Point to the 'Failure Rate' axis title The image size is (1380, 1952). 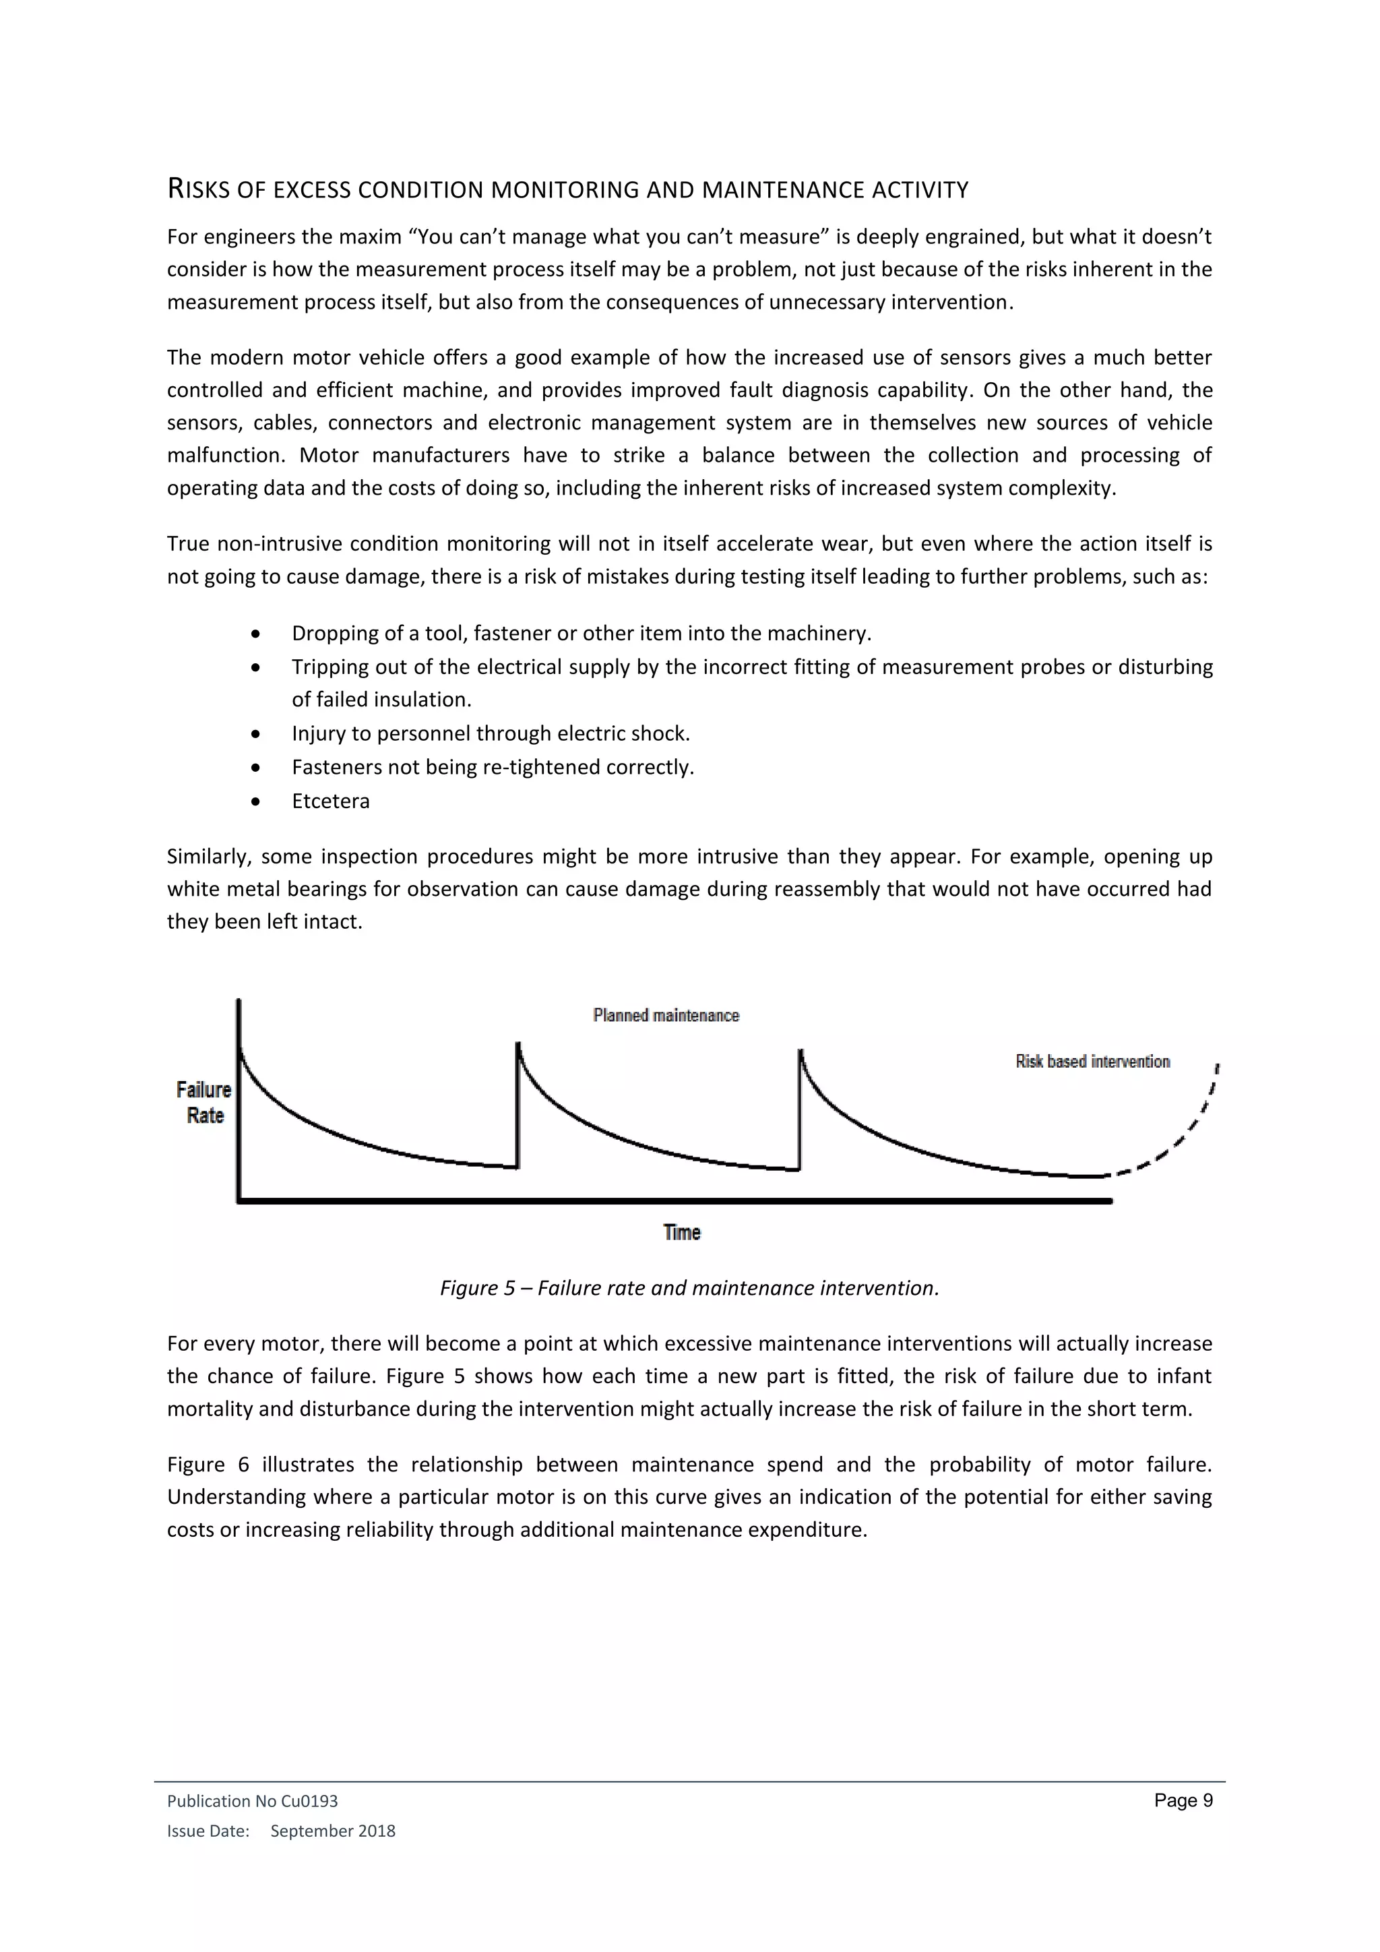tap(204, 1102)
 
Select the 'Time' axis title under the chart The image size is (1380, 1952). tap(681, 1232)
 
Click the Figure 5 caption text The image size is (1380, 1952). tap(689, 1288)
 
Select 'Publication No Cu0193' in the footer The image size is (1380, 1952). tap(253, 1800)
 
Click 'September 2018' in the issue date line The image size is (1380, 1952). tap(332, 1831)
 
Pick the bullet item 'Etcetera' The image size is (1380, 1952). tap(331, 801)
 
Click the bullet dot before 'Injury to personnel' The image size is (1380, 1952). tap(257, 734)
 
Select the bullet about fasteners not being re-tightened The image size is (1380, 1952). tap(493, 767)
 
